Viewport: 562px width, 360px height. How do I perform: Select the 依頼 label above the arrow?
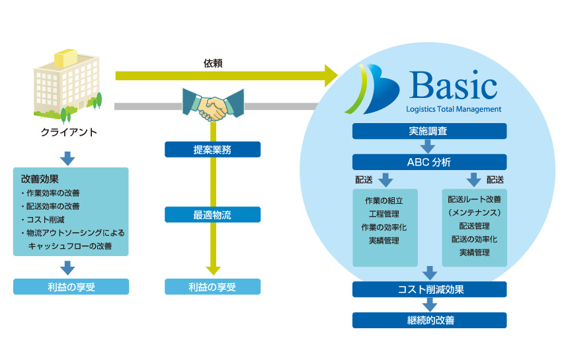(213, 64)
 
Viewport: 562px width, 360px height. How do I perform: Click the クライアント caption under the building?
(69, 132)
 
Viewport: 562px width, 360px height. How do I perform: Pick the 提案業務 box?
(212, 150)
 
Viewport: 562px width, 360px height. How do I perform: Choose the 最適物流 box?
(212, 214)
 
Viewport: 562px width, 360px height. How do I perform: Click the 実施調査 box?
(429, 131)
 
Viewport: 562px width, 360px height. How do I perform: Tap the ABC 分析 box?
(429, 162)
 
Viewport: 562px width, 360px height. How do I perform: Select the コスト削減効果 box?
(429, 289)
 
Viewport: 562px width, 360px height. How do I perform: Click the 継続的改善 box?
(429, 320)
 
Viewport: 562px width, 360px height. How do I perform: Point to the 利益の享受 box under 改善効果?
(71, 287)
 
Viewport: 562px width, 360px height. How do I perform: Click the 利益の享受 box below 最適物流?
(212, 287)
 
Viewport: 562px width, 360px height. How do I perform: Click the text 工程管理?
(384, 214)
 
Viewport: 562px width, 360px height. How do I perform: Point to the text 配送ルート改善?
(474, 200)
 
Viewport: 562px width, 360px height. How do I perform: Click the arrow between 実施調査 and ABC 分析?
(429, 146)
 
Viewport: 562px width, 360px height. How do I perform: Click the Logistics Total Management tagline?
(453, 109)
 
